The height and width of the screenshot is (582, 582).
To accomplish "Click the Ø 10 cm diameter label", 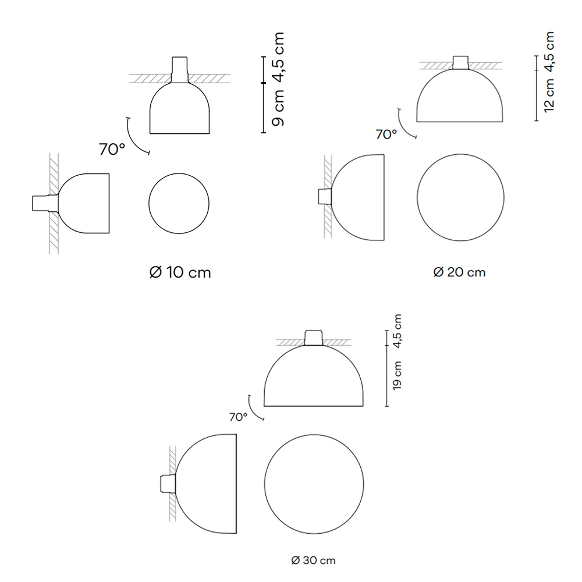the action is pyautogui.click(x=180, y=272).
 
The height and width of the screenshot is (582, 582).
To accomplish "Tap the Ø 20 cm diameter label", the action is pyautogui.click(x=459, y=272).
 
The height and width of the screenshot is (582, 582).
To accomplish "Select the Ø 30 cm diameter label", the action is pyautogui.click(x=313, y=560).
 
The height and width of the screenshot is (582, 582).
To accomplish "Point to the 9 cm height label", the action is pyautogui.click(x=278, y=108).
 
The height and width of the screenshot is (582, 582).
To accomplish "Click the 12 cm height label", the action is pyautogui.click(x=549, y=95).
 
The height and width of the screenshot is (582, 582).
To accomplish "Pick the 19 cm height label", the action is pyautogui.click(x=397, y=375).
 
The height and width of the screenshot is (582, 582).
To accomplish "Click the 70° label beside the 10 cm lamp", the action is pyautogui.click(x=112, y=149).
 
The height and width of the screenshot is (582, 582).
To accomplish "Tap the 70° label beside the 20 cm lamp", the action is pyautogui.click(x=386, y=134).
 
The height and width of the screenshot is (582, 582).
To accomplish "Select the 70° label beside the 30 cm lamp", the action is pyautogui.click(x=238, y=417).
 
